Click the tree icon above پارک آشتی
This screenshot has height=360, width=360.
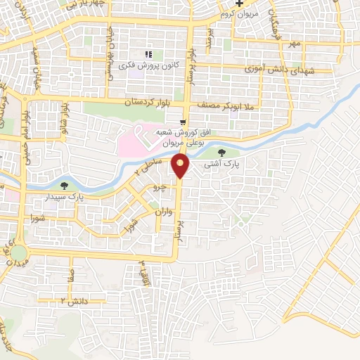click(222, 151)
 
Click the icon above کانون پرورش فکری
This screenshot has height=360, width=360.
click(148, 54)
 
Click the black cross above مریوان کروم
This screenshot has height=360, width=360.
click(239, 3)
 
